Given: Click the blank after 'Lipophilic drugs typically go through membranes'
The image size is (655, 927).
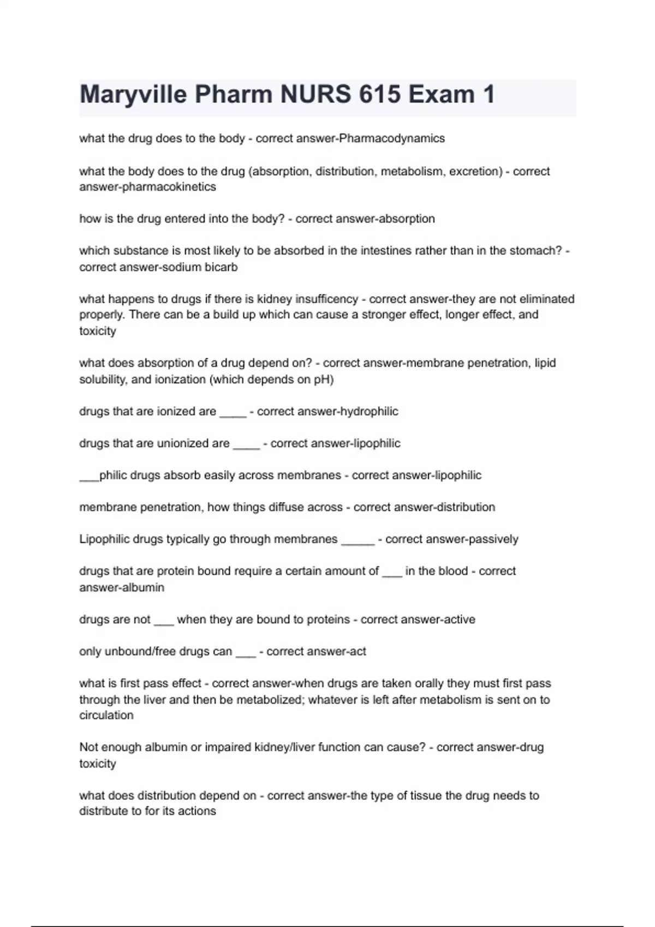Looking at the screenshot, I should pyautogui.click(x=358, y=541).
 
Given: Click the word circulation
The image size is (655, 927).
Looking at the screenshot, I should pyautogui.click(x=106, y=715).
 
